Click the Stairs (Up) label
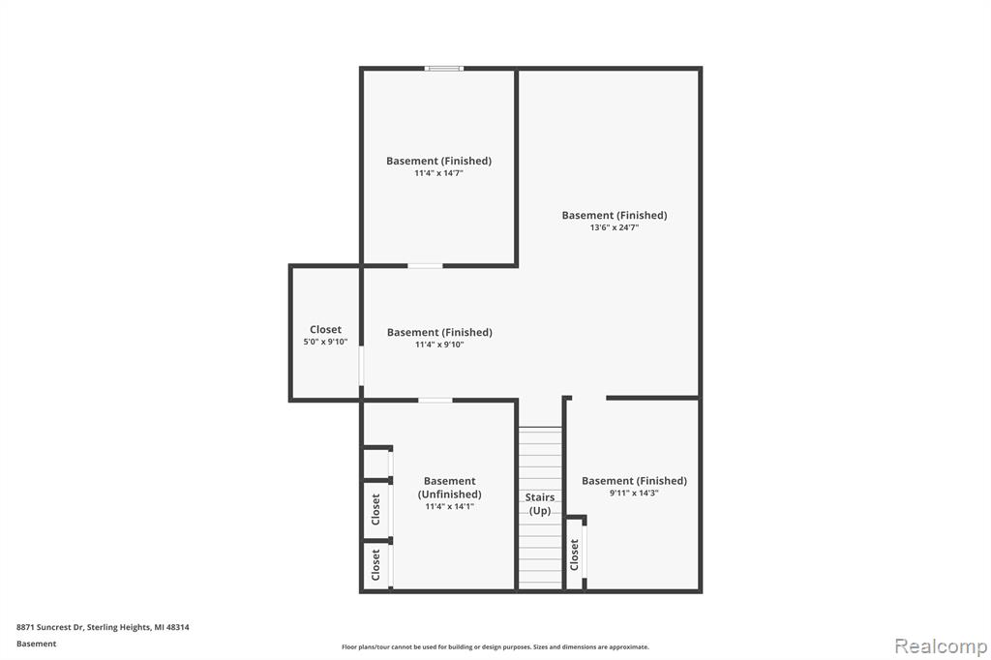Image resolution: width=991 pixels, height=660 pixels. tap(540, 504)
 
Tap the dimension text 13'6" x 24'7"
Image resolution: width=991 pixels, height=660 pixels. tap(615, 227)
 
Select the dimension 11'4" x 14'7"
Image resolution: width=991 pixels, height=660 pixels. tap(438, 173)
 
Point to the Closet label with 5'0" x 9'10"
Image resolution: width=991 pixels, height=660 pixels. tap(325, 329)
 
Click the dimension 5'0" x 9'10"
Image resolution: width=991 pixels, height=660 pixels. tap(325, 342)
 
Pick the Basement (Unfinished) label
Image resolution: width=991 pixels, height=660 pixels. tap(449, 488)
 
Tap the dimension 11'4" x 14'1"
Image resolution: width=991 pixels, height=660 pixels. tap(449, 506)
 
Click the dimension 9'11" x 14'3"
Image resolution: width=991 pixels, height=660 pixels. tap(634, 494)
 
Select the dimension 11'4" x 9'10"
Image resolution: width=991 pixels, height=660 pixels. tap(439, 345)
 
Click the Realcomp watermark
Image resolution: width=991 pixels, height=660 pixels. tap(941, 646)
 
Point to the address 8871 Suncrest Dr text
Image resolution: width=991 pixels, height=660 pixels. tap(50, 627)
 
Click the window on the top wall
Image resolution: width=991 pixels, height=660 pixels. tap(443, 69)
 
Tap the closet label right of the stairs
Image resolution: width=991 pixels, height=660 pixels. tap(574, 555)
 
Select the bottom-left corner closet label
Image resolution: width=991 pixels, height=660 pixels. tap(375, 564)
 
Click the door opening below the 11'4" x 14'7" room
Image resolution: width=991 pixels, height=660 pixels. tap(425, 266)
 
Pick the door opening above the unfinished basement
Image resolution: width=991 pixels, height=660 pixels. tap(435, 401)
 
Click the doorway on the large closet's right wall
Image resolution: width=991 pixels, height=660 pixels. tap(362, 365)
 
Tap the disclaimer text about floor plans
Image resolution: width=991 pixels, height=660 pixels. tap(495, 646)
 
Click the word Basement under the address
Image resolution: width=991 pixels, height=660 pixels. tap(36, 644)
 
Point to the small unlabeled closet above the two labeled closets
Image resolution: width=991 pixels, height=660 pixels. tap(376, 465)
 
